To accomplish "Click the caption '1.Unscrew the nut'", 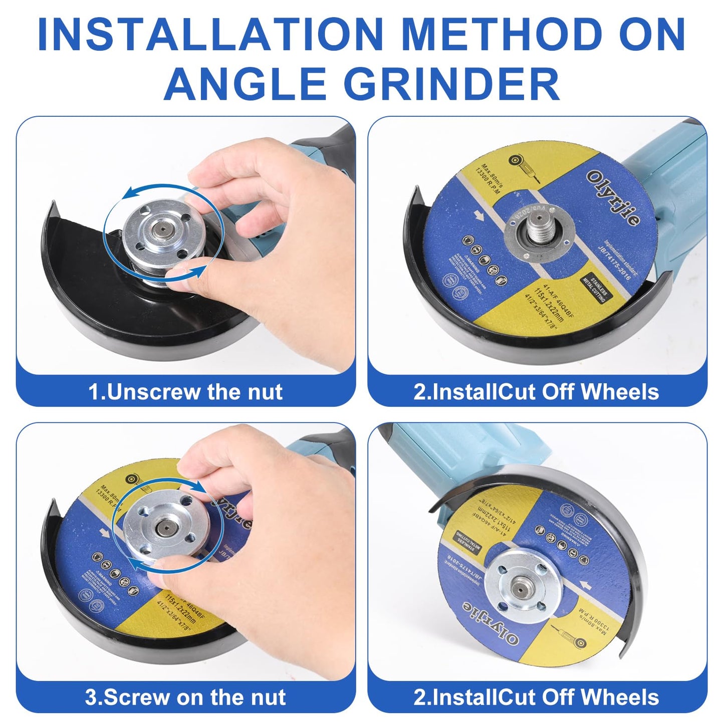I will (185, 392).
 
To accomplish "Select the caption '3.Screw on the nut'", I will (185, 697).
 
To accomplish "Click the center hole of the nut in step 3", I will (161, 527).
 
